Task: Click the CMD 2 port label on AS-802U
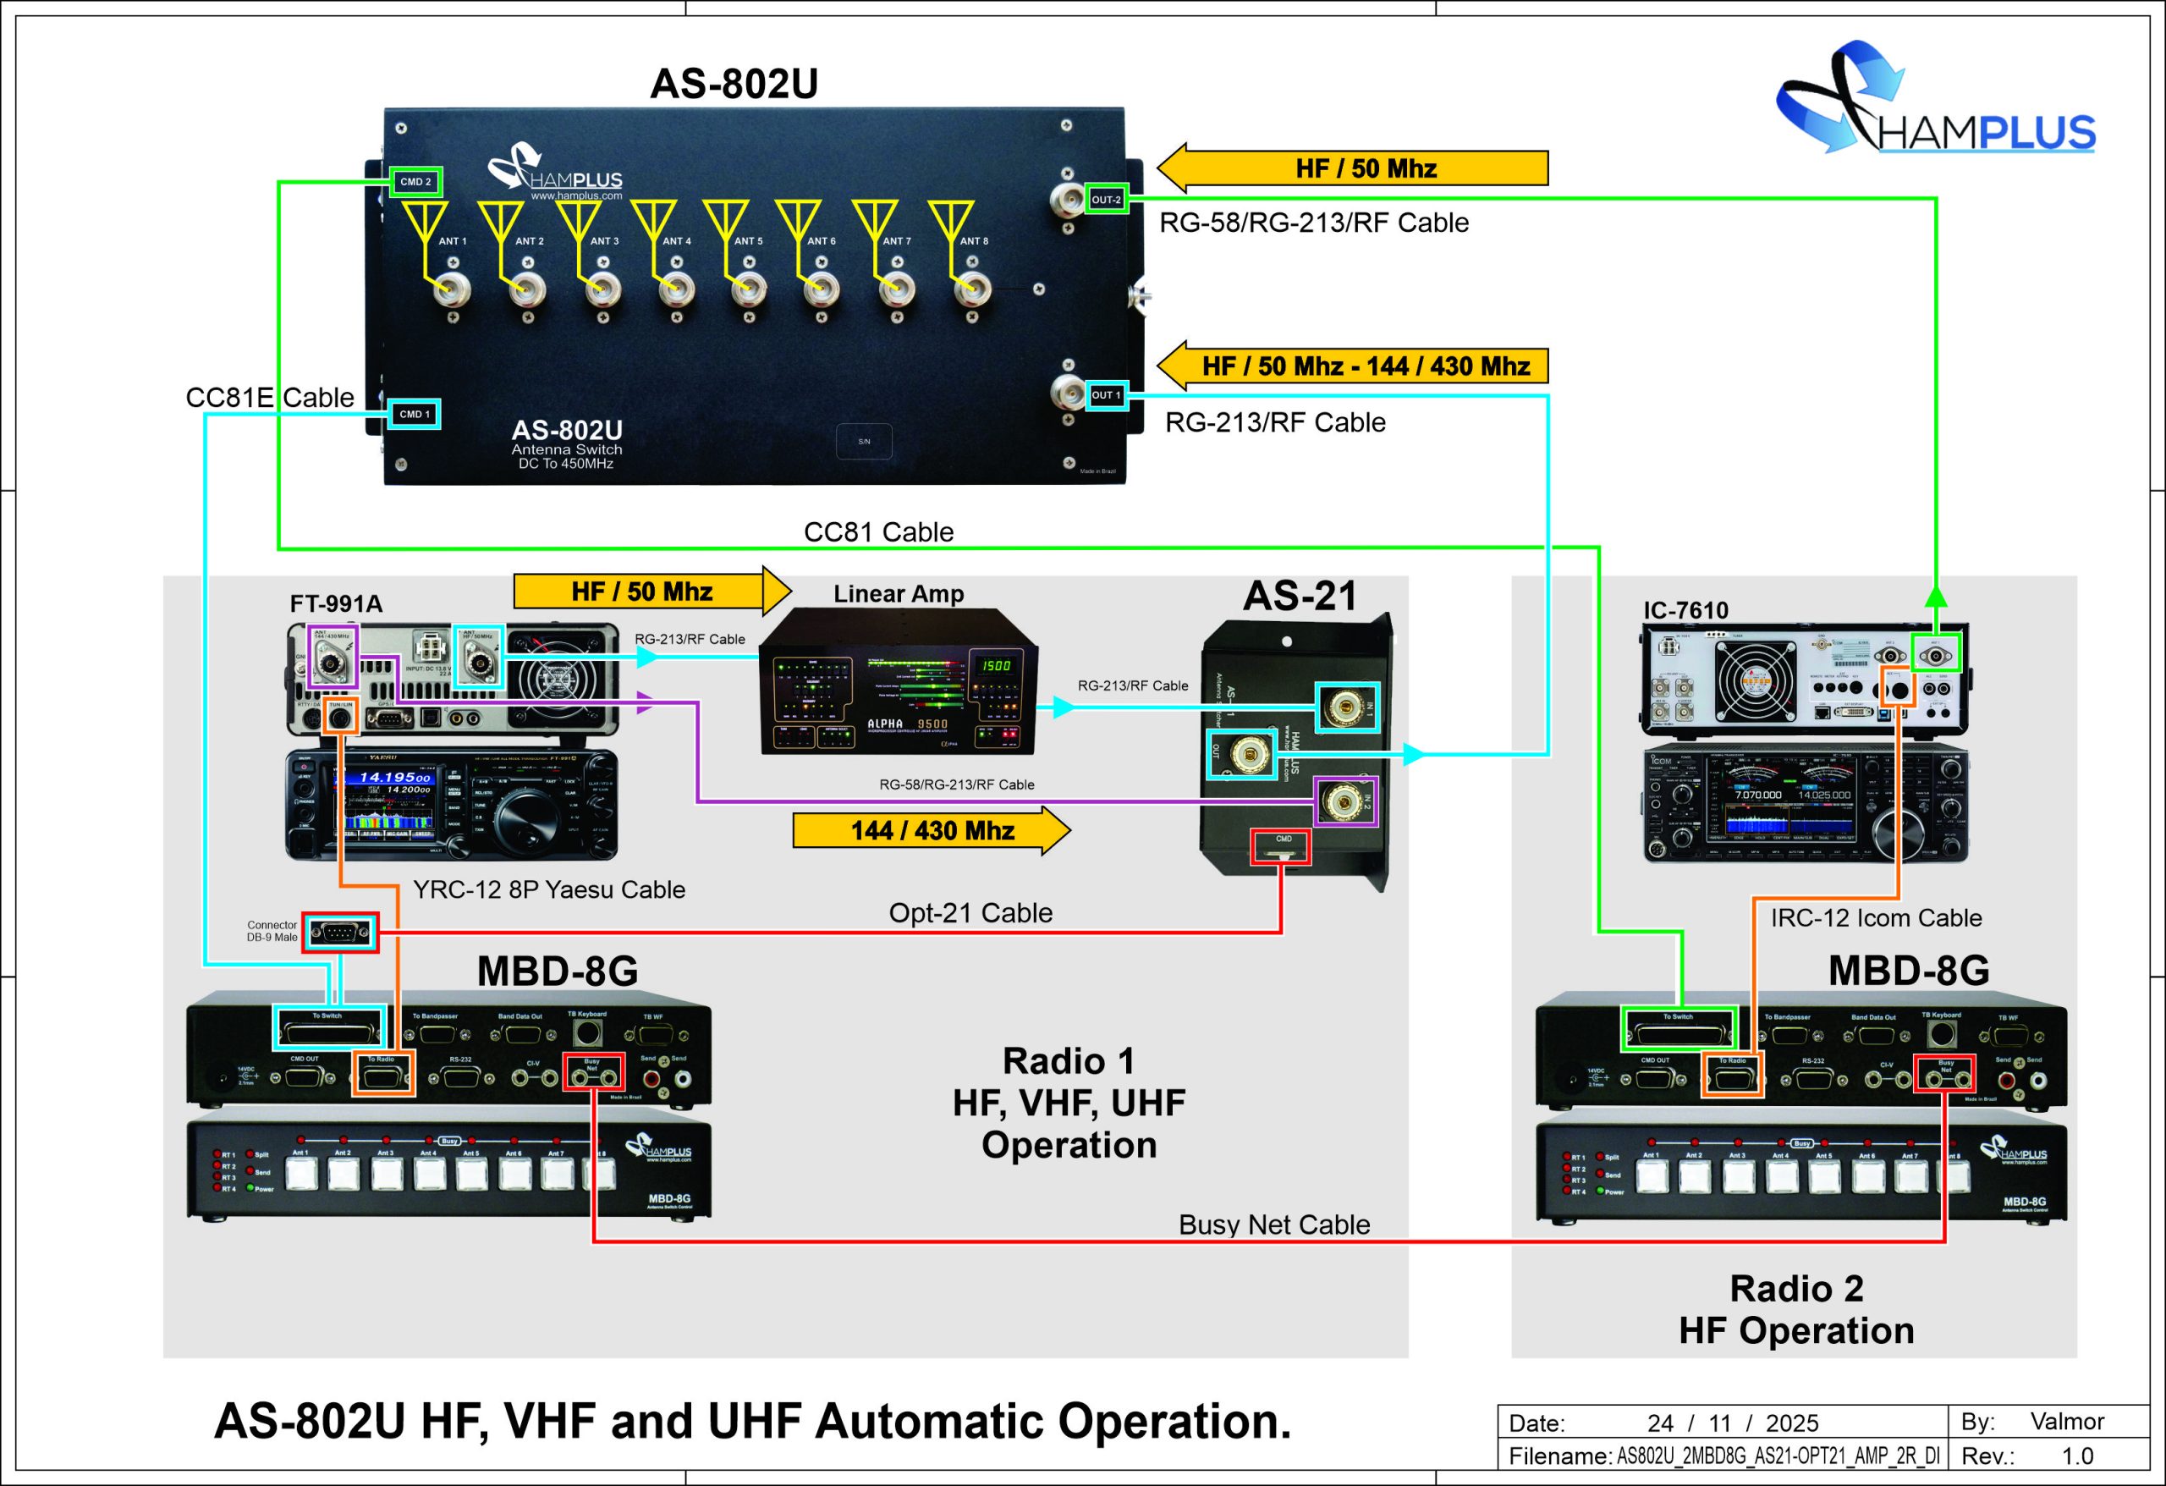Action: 415,182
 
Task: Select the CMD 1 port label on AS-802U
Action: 415,414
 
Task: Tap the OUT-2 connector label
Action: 1107,200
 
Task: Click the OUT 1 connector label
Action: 1107,395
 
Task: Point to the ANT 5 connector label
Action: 747,241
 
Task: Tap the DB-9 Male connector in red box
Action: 340,933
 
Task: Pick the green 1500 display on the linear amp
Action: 995,666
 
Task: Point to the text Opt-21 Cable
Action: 970,912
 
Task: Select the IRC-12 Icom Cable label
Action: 1875,918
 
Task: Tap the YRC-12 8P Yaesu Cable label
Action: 549,889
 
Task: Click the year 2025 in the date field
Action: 1791,1423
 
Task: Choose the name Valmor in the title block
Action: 2066,1422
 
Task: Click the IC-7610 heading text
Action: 1685,611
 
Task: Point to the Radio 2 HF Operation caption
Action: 1796,1310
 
